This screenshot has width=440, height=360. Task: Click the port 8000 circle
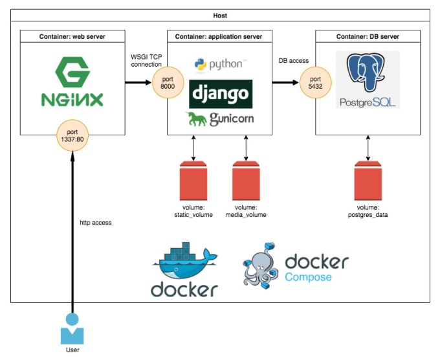point(168,83)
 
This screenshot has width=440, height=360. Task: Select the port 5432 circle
point(315,83)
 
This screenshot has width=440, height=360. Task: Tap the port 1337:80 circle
point(72,135)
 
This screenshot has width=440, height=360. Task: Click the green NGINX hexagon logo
point(72,72)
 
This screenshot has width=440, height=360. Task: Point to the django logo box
point(221,94)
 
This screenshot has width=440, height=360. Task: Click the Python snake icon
point(201,65)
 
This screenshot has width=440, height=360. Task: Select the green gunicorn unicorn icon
point(197,118)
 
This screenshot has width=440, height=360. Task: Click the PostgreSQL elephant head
point(366,73)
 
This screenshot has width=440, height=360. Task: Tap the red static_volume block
point(193,181)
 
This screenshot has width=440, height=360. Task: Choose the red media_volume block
point(246,181)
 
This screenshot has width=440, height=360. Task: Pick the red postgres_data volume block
point(368,181)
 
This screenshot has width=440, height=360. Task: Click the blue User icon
point(72,329)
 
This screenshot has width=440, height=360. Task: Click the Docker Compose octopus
point(260,265)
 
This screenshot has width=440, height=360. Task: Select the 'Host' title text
point(220,16)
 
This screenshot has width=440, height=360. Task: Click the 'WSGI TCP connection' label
point(146,61)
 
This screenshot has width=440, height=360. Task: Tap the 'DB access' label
point(294,61)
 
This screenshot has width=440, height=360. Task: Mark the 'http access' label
point(95,223)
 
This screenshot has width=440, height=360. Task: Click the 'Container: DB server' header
point(368,36)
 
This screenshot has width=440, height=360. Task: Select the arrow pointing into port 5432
point(285,83)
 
